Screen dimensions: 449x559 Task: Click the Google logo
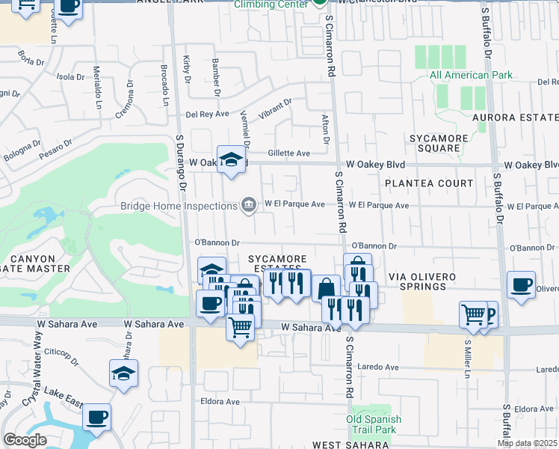click(25, 440)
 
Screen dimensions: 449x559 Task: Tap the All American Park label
click(471, 75)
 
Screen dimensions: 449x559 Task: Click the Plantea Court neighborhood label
click(429, 183)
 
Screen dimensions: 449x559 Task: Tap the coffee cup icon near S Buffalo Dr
click(521, 285)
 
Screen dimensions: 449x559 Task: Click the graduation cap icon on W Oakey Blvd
click(232, 159)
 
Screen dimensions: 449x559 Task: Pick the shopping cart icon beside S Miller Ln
click(473, 315)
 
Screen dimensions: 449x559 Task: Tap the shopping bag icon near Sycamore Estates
click(326, 288)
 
